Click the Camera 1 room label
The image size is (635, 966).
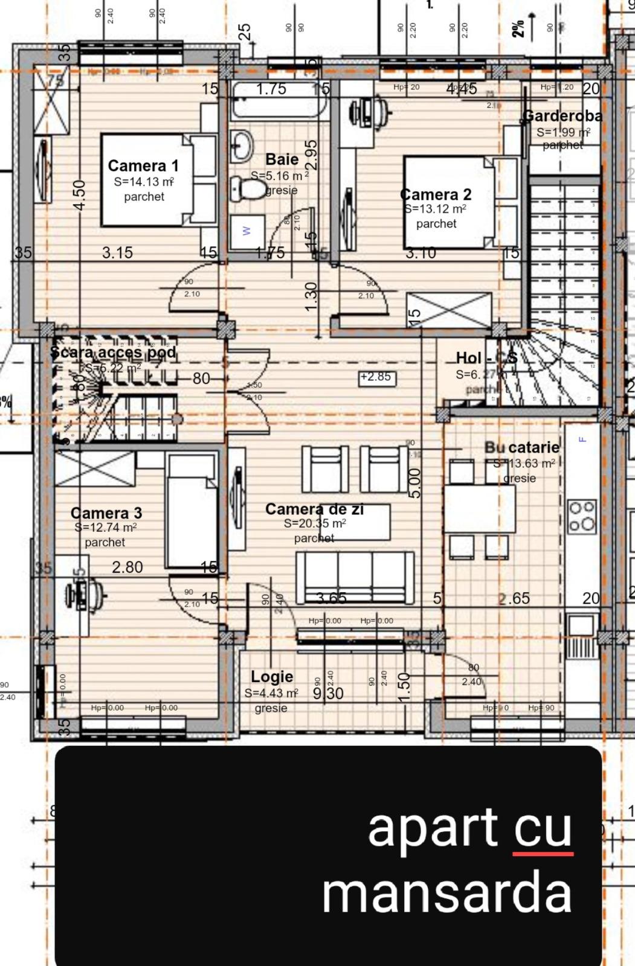point(143,165)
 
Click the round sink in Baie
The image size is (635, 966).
point(244,145)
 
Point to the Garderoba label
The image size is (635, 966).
point(562,115)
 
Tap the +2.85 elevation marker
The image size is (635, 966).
point(376,377)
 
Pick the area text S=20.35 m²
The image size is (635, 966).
point(315,523)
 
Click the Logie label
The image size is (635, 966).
point(272,677)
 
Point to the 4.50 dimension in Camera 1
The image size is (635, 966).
point(79,194)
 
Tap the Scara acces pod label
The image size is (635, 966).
point(113,352)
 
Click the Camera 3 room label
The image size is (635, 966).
point(106,513)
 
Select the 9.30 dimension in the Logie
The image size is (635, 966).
point(328,694)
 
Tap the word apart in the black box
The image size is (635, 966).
point(433,828)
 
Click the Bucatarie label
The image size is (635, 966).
point(522,447)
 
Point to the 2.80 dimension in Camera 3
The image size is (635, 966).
point(127,567)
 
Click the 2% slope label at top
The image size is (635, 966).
point(518,27)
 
